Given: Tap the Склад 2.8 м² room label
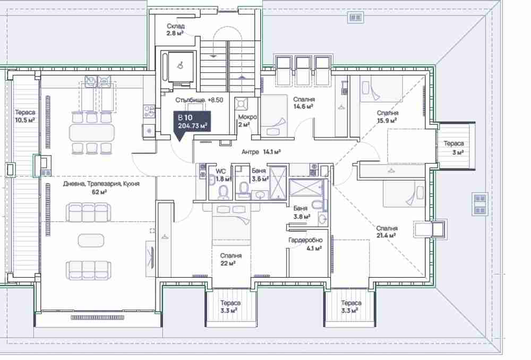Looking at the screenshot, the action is click(x=175, y=29).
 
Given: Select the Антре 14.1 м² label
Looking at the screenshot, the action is click(x=261, y=152).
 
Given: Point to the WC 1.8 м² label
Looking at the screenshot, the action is click(x=223, y=175).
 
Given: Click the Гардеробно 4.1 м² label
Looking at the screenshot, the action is click(x=305, y=244).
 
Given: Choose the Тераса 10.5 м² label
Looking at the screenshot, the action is click(x=25, y=116).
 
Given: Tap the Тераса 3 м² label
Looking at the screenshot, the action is click(x=454, y=148).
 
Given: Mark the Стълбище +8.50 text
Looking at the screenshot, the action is click(x=199, y=100).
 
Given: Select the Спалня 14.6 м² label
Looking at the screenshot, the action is click(x=303, y=102).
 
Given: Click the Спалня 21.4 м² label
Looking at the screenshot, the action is click(x=387, y=232).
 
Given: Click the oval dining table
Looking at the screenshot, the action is click(x=92, y=132).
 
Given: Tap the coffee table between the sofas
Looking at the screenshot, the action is click(x=91, y=241).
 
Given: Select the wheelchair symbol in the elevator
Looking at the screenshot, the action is click(x=181, y=65).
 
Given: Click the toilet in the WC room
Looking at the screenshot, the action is click(x=223, y=192).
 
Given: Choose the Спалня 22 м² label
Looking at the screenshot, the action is click(x=230, y=260).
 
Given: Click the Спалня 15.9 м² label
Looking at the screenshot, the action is click(x=388, y=116).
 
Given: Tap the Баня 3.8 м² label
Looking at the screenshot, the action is click(x=301, y=212).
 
